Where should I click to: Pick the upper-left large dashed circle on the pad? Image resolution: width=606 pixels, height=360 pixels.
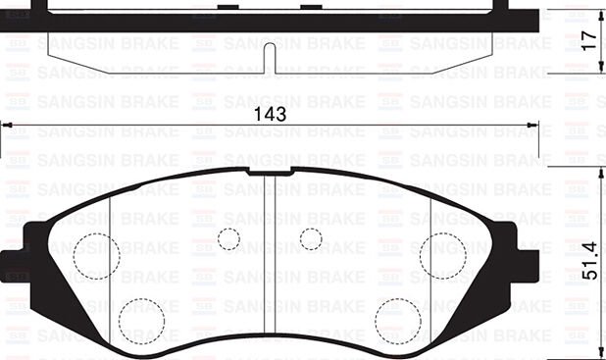tap(96, 256)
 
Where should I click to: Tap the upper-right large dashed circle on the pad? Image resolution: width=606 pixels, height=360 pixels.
tap(443, 256)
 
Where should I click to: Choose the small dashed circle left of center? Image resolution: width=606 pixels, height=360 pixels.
tap(228, 238)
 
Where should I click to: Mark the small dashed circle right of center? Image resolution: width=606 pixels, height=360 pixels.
tap(311, 238)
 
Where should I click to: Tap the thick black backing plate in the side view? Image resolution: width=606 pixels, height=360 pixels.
tap(270, 20)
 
